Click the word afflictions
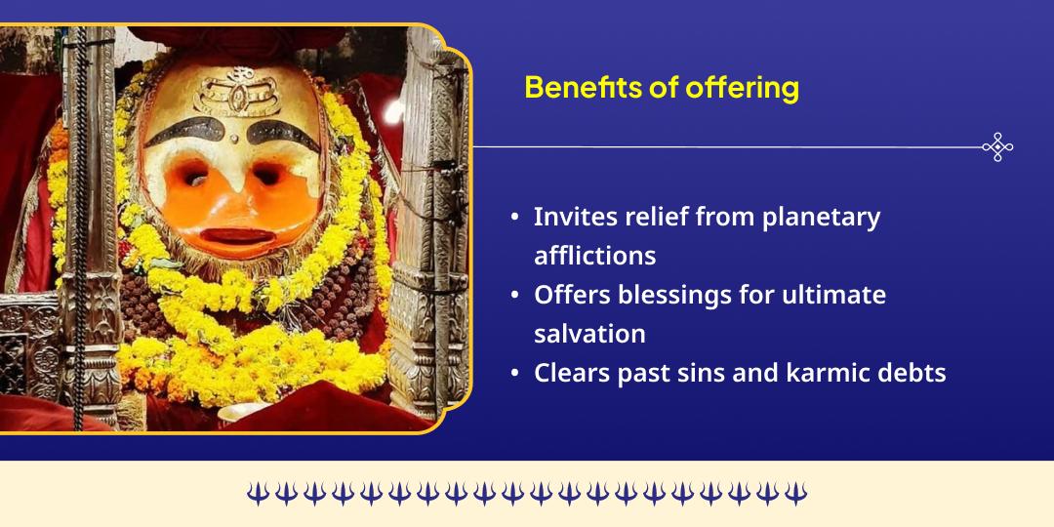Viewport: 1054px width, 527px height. pyautogui.click(x=594, y=256)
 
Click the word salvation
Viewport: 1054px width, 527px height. pyautogui.click(x=589, y=334)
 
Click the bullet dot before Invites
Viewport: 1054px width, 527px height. pyautogui.click(x=514, y=218)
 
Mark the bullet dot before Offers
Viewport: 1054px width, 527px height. pyautogui.click(x=514, y=296)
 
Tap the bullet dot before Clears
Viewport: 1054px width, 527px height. pyautogui.click(x=514, y=374)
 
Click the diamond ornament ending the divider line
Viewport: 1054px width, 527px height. pyautogui.click(x=997, y=147)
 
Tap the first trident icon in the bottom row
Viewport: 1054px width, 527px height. pyautogui.click(x=258, y=494)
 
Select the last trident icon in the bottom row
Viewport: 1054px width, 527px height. pyautogui.click(x=795, y=494)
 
